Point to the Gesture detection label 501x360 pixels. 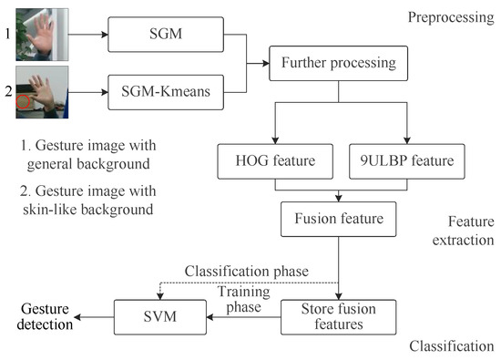pos(37,316)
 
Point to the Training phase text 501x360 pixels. pos(239,300)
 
